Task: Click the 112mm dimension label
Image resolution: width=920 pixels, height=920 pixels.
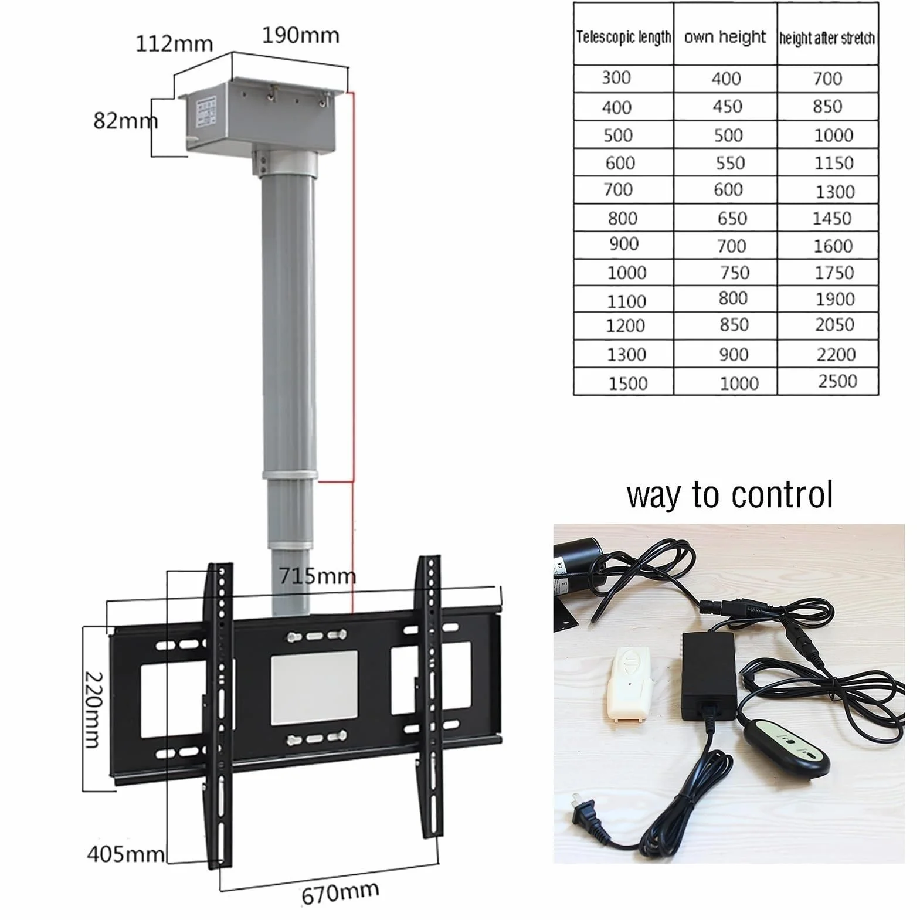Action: pyautogui.click(x=174, y=44)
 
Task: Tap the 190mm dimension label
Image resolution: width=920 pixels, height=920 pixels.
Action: pyautogui.click(x=300, y=36)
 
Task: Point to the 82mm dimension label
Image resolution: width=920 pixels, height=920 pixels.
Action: pyautogui.click(x=125, y=121)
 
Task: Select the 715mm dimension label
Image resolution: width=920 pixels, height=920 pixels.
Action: pyautogui.click(x=317, y=576)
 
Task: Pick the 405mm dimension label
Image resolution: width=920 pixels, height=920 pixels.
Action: pyautogui.click(x=125, y=854)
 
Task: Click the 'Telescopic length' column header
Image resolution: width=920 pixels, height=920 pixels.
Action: pyautogui.click(x=623, y=38)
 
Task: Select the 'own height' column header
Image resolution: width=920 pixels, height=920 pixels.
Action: pyautogui.click(x=725, y=37)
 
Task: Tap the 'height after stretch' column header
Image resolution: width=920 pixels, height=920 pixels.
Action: pyautogui.click(x=827, y=38)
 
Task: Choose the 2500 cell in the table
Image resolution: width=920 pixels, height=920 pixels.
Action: pyautogui.click(x=837, y=381)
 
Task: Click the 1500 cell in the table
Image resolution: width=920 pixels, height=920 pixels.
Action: pyautogui.click(x=627, y=383)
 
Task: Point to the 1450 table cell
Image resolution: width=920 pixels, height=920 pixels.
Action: pyautogui.click(x=831, y=219)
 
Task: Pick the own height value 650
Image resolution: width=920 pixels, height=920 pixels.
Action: pyautogui.click(x=732, y=219)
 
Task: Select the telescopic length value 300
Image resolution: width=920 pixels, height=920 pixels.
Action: pyautogui.click(x=616, y=77)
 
